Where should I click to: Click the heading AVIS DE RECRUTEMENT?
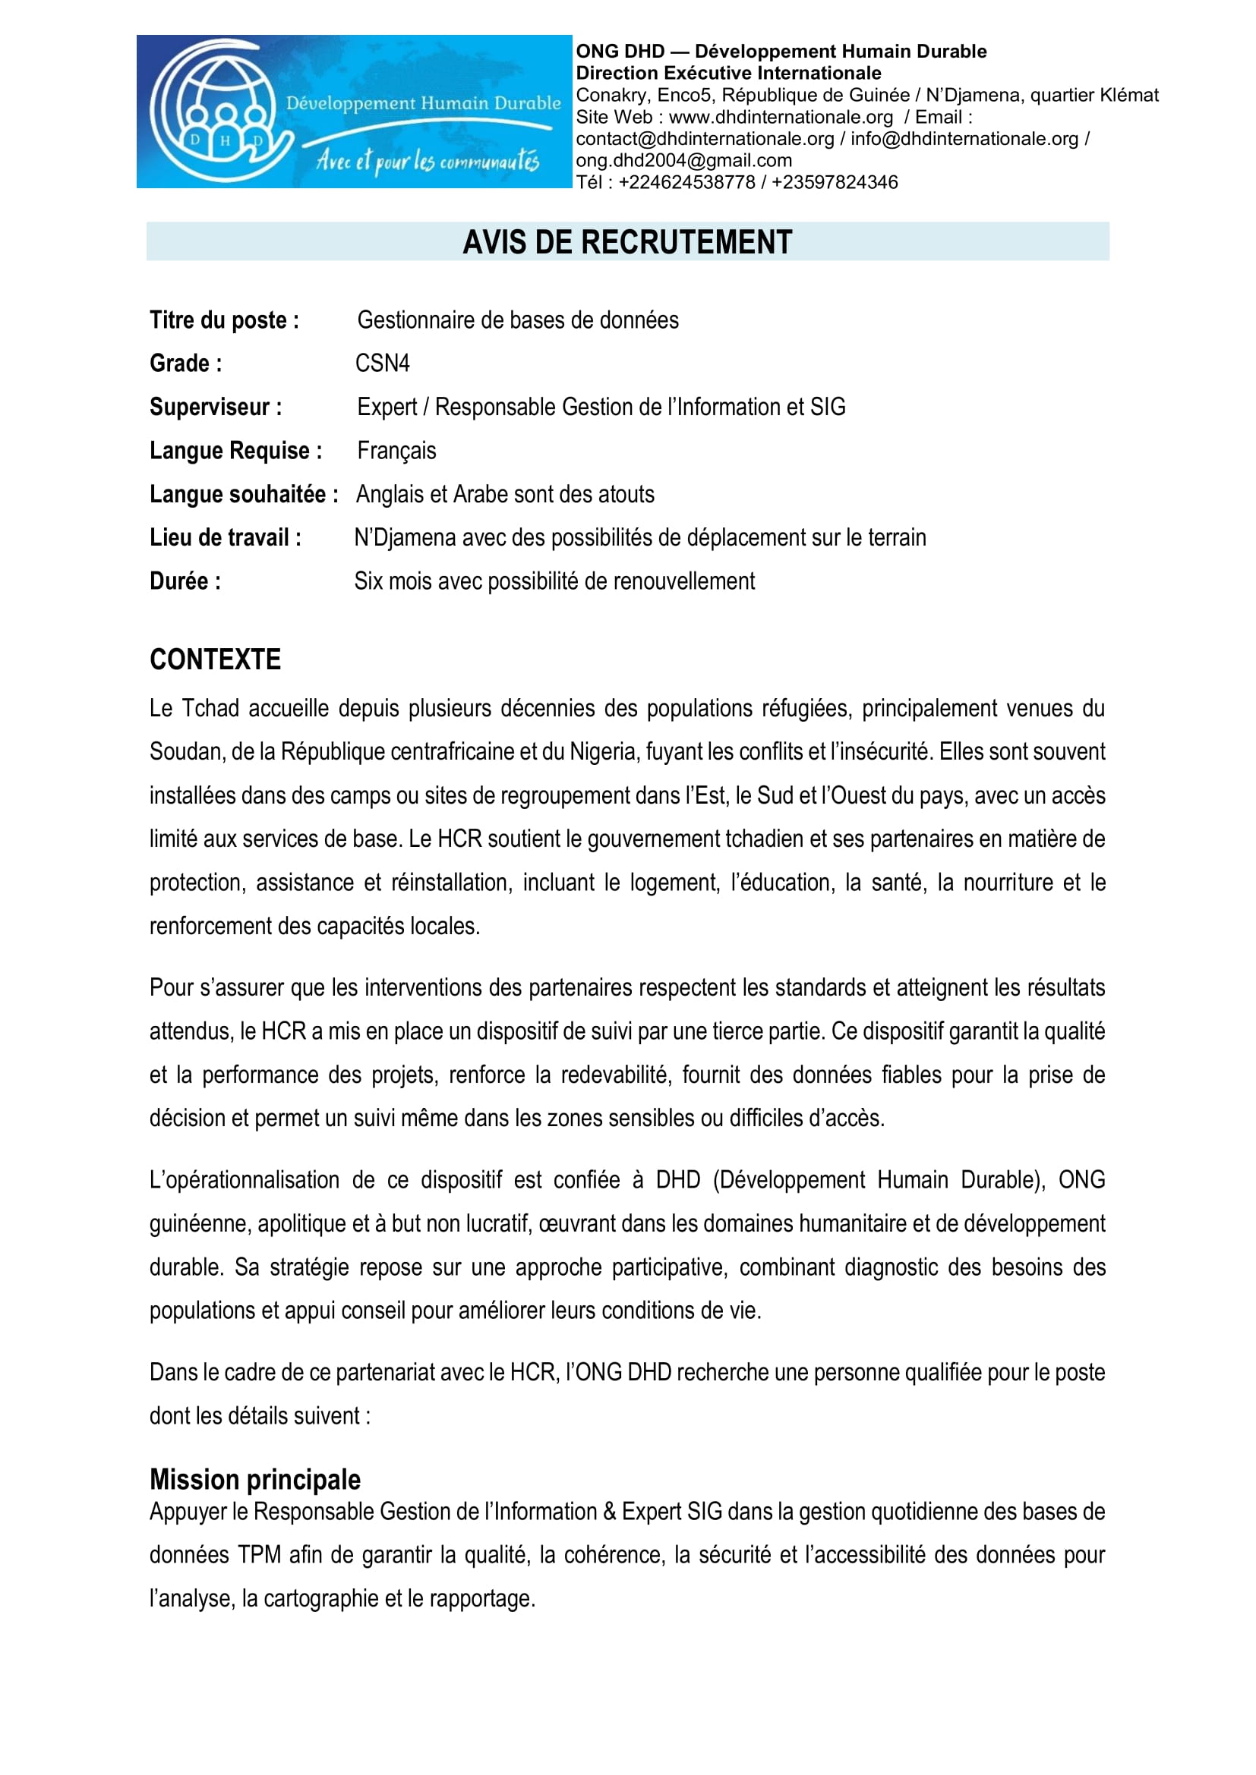tap(627, 242)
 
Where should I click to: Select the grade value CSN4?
tap(382, 363)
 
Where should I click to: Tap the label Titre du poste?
tap(224, 320)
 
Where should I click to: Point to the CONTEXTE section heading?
tap(215, 659)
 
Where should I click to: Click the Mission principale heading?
tap(255, 1479)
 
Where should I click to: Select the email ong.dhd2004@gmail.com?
tap(683, 161)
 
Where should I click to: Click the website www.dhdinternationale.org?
tap(781, 118)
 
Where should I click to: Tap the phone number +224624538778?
tap(686, 182)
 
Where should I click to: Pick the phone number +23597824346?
tap(835, 182)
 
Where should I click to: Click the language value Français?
tap(396, 451)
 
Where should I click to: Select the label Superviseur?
tap(216, 408)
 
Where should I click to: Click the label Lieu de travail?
tap(225, 538)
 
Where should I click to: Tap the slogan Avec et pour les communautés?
tap(428, 162)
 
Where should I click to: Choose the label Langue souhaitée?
tap(244, 495)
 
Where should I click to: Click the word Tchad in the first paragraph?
tap(210, 708)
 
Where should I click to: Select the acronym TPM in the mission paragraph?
tap(259, 1555)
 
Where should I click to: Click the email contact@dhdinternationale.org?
tap(705, 139)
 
